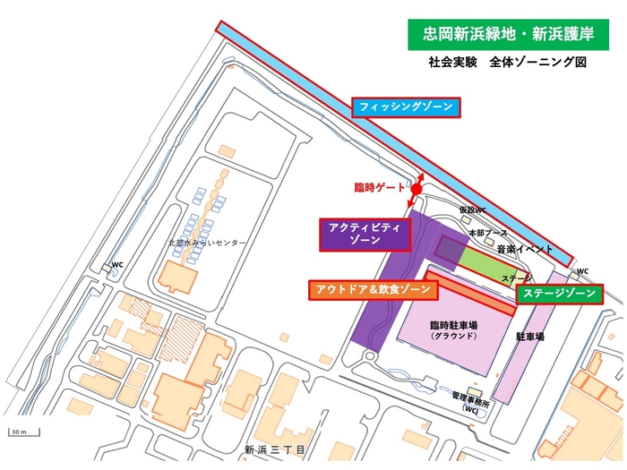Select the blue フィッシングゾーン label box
pos(406,107)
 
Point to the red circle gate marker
pos(417,189)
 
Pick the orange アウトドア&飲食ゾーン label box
pos(373,290)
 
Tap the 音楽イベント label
pos(524,250)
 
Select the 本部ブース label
pos(486,233)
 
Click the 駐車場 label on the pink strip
pos(530,338)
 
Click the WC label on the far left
pos(116,265)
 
